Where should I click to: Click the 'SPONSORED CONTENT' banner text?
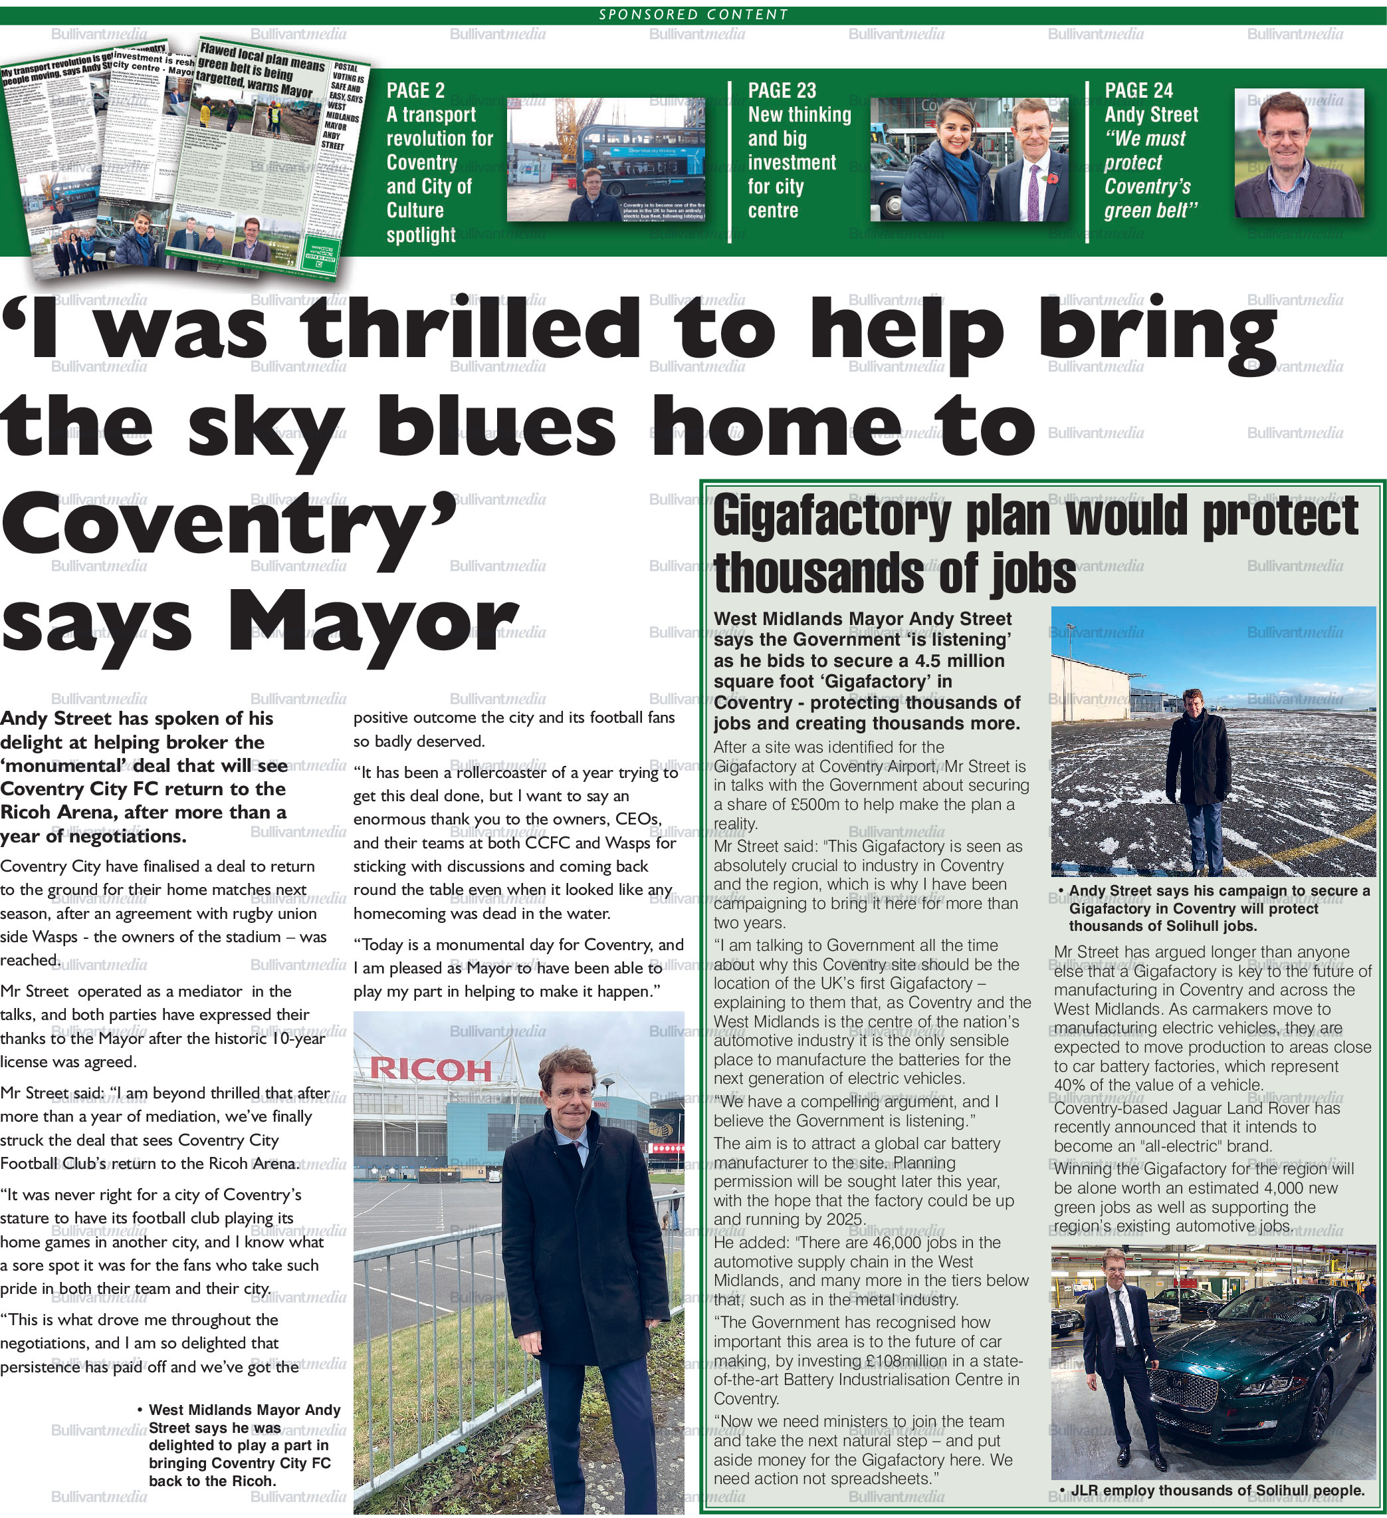693,15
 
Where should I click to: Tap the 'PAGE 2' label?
415,91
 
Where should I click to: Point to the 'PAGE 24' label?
1138,91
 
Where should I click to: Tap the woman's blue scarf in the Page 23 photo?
966,173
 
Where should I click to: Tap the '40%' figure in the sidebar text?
1069,1085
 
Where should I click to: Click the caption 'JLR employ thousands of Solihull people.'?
1217,1490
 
